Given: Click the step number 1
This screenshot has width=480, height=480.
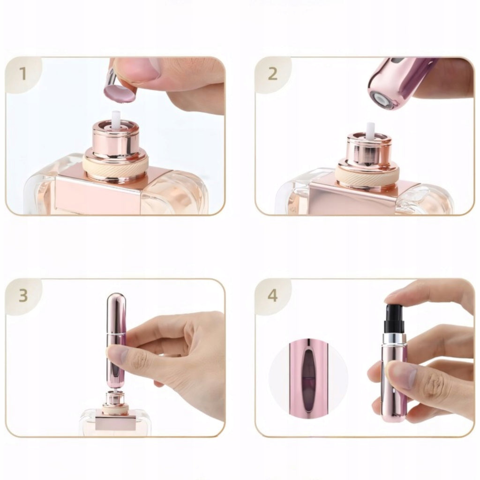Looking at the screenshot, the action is click(x=23, y=74).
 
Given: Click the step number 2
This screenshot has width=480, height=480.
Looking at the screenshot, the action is click(x=272, y=74).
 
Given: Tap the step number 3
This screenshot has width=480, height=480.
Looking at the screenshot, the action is click(x=23, y=295).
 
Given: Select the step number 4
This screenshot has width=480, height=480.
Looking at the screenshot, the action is click(x=272, y=295).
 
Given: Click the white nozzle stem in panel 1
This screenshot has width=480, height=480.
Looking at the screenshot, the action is click(x=116, y=120).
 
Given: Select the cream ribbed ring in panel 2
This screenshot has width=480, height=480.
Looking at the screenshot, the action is click(x=368, y=173).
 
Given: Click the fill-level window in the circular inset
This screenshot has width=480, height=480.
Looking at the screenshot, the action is click(x=308, y=376).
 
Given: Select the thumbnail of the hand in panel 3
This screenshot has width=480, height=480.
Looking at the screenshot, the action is click(x=117, y=356).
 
